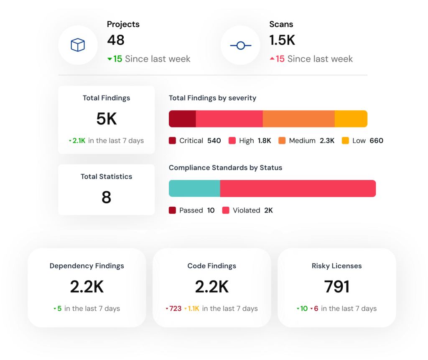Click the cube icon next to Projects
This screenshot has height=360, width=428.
[x=78, y=45]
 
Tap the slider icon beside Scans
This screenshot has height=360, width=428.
[x=240, y=46]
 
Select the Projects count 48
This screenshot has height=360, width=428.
[x=116, y=40]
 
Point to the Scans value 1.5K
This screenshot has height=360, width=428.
[x=282, y=40]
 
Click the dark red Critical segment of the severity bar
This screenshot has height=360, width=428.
[x=182, y=119]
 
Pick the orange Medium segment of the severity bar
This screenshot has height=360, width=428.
[x=298, y=119]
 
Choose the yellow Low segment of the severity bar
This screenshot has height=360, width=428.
[x=351, y=119]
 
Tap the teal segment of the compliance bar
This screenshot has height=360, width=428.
[x=194, y=188]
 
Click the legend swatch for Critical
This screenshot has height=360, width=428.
[x=173, y=141]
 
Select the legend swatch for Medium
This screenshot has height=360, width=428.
[x=282, y=141]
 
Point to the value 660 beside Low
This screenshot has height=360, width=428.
[x=376, y=141]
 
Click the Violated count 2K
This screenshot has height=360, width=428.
[x=268, y=210]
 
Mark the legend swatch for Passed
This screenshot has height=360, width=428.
[x=173, y=210]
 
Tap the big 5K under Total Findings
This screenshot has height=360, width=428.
[x=106, y=119]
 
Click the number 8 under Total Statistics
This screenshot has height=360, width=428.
[x=106, y=197]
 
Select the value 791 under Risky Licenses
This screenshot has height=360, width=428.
[x=336, y=287]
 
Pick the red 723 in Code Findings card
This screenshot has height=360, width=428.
[x=175, y=309]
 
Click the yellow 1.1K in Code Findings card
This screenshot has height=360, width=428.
[x=194, y=309]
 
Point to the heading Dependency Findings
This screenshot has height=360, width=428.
[x=87, y=266]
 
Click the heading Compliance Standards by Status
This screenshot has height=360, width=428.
[x=225, y=168]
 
